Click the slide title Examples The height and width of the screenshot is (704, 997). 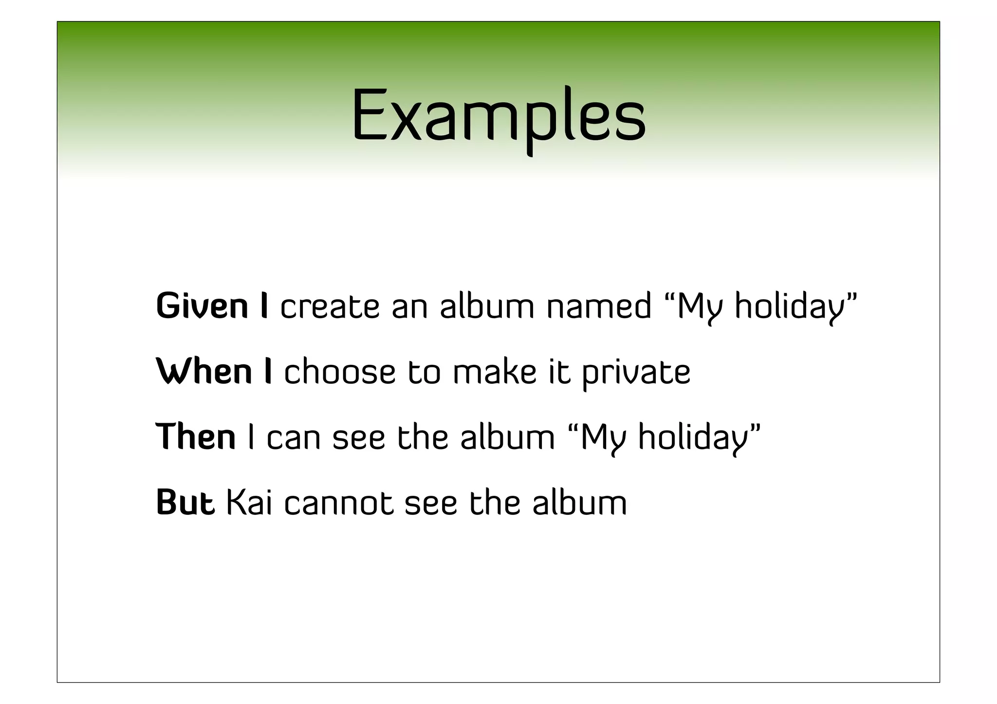click(x=498, y=117)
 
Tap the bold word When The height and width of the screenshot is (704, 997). click(x=204, y=372)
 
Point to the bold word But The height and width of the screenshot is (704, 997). click(x=185, y=502)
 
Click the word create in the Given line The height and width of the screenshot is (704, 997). click(x=330, y=307)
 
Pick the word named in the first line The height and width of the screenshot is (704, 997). click(x=599, y=307)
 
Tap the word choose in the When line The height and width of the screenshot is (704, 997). click(x=340, y=372)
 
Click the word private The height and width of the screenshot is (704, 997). click(x=636, y=373)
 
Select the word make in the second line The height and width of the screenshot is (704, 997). click(x=495, y=372)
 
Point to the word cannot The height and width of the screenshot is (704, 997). click(x=338, y=503)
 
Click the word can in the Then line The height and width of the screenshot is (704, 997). click(x=293, y=437)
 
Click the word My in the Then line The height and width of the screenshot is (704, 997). click(x=601, y=437)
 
